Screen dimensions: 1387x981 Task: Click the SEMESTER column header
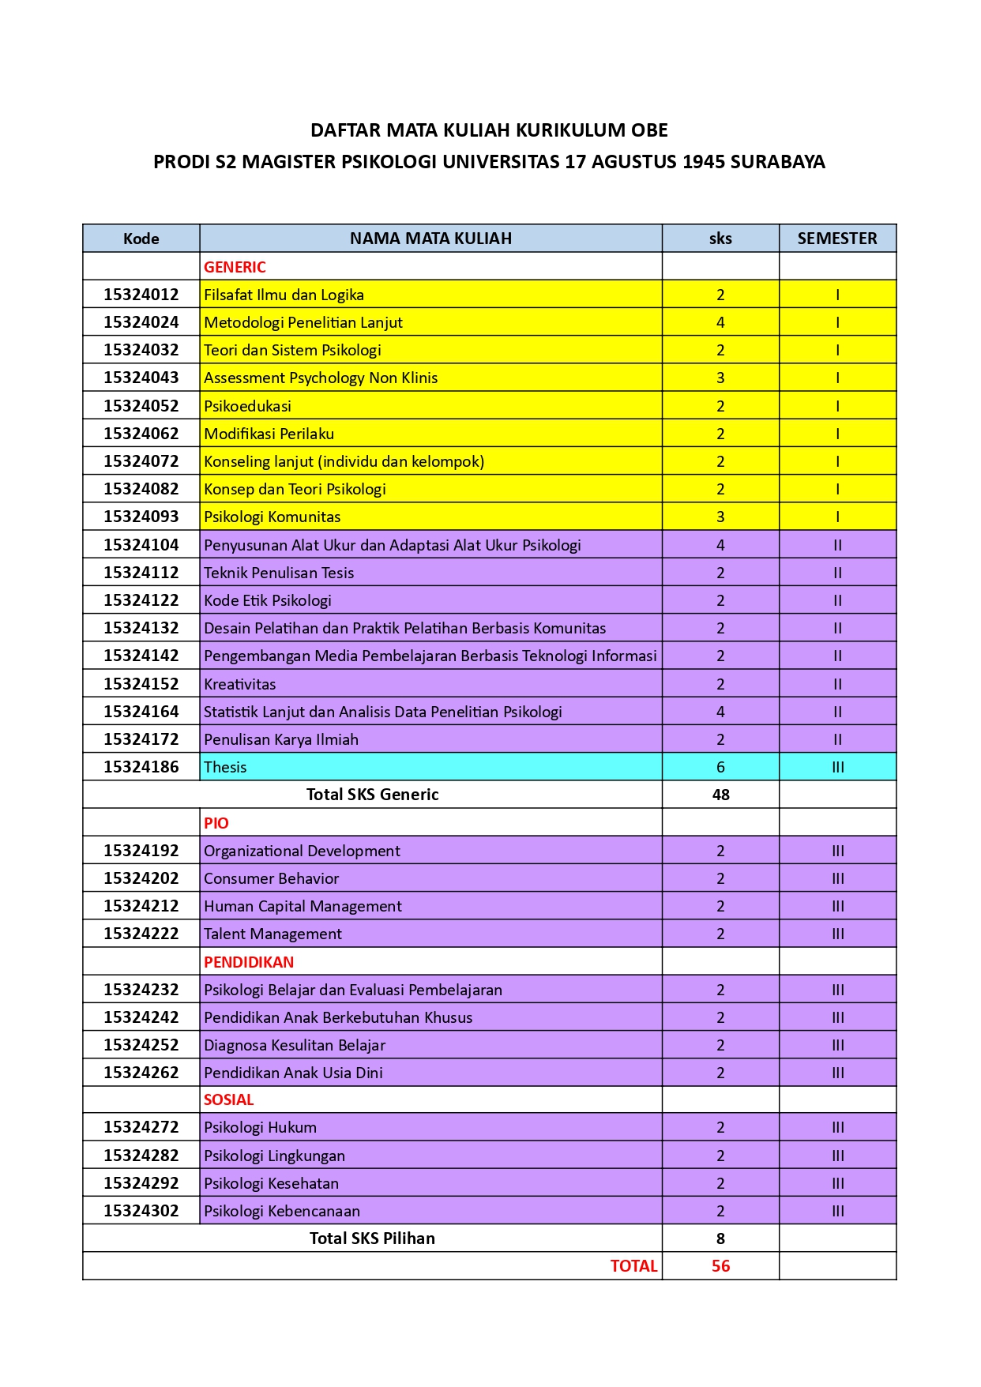[836, 239]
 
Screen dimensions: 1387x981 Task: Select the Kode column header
[141, 239]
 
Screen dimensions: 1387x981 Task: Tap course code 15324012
[141, 295]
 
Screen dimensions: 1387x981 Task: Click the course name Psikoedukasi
[247, 406]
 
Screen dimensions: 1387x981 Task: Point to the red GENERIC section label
[235, 267]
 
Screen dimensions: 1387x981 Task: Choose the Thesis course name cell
[225, 767]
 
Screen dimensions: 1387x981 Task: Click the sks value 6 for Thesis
[720, 767]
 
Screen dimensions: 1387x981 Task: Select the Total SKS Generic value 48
[720, 795]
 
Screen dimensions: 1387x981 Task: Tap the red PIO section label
[216, 823]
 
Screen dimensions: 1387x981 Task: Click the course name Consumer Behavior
[271, 878]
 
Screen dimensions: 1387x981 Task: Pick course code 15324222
[141, 934]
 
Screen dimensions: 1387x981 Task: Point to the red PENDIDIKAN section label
[248, 962]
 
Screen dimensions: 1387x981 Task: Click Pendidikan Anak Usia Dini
[293, 1073]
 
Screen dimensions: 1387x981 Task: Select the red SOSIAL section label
[228, 1099]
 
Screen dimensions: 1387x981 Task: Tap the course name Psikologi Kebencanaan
[281, 1211]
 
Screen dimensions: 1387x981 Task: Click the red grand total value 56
[720, 1266]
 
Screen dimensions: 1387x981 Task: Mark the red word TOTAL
[633, 1266]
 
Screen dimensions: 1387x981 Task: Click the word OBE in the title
[649, 130]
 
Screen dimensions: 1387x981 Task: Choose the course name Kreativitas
[239, 684]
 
